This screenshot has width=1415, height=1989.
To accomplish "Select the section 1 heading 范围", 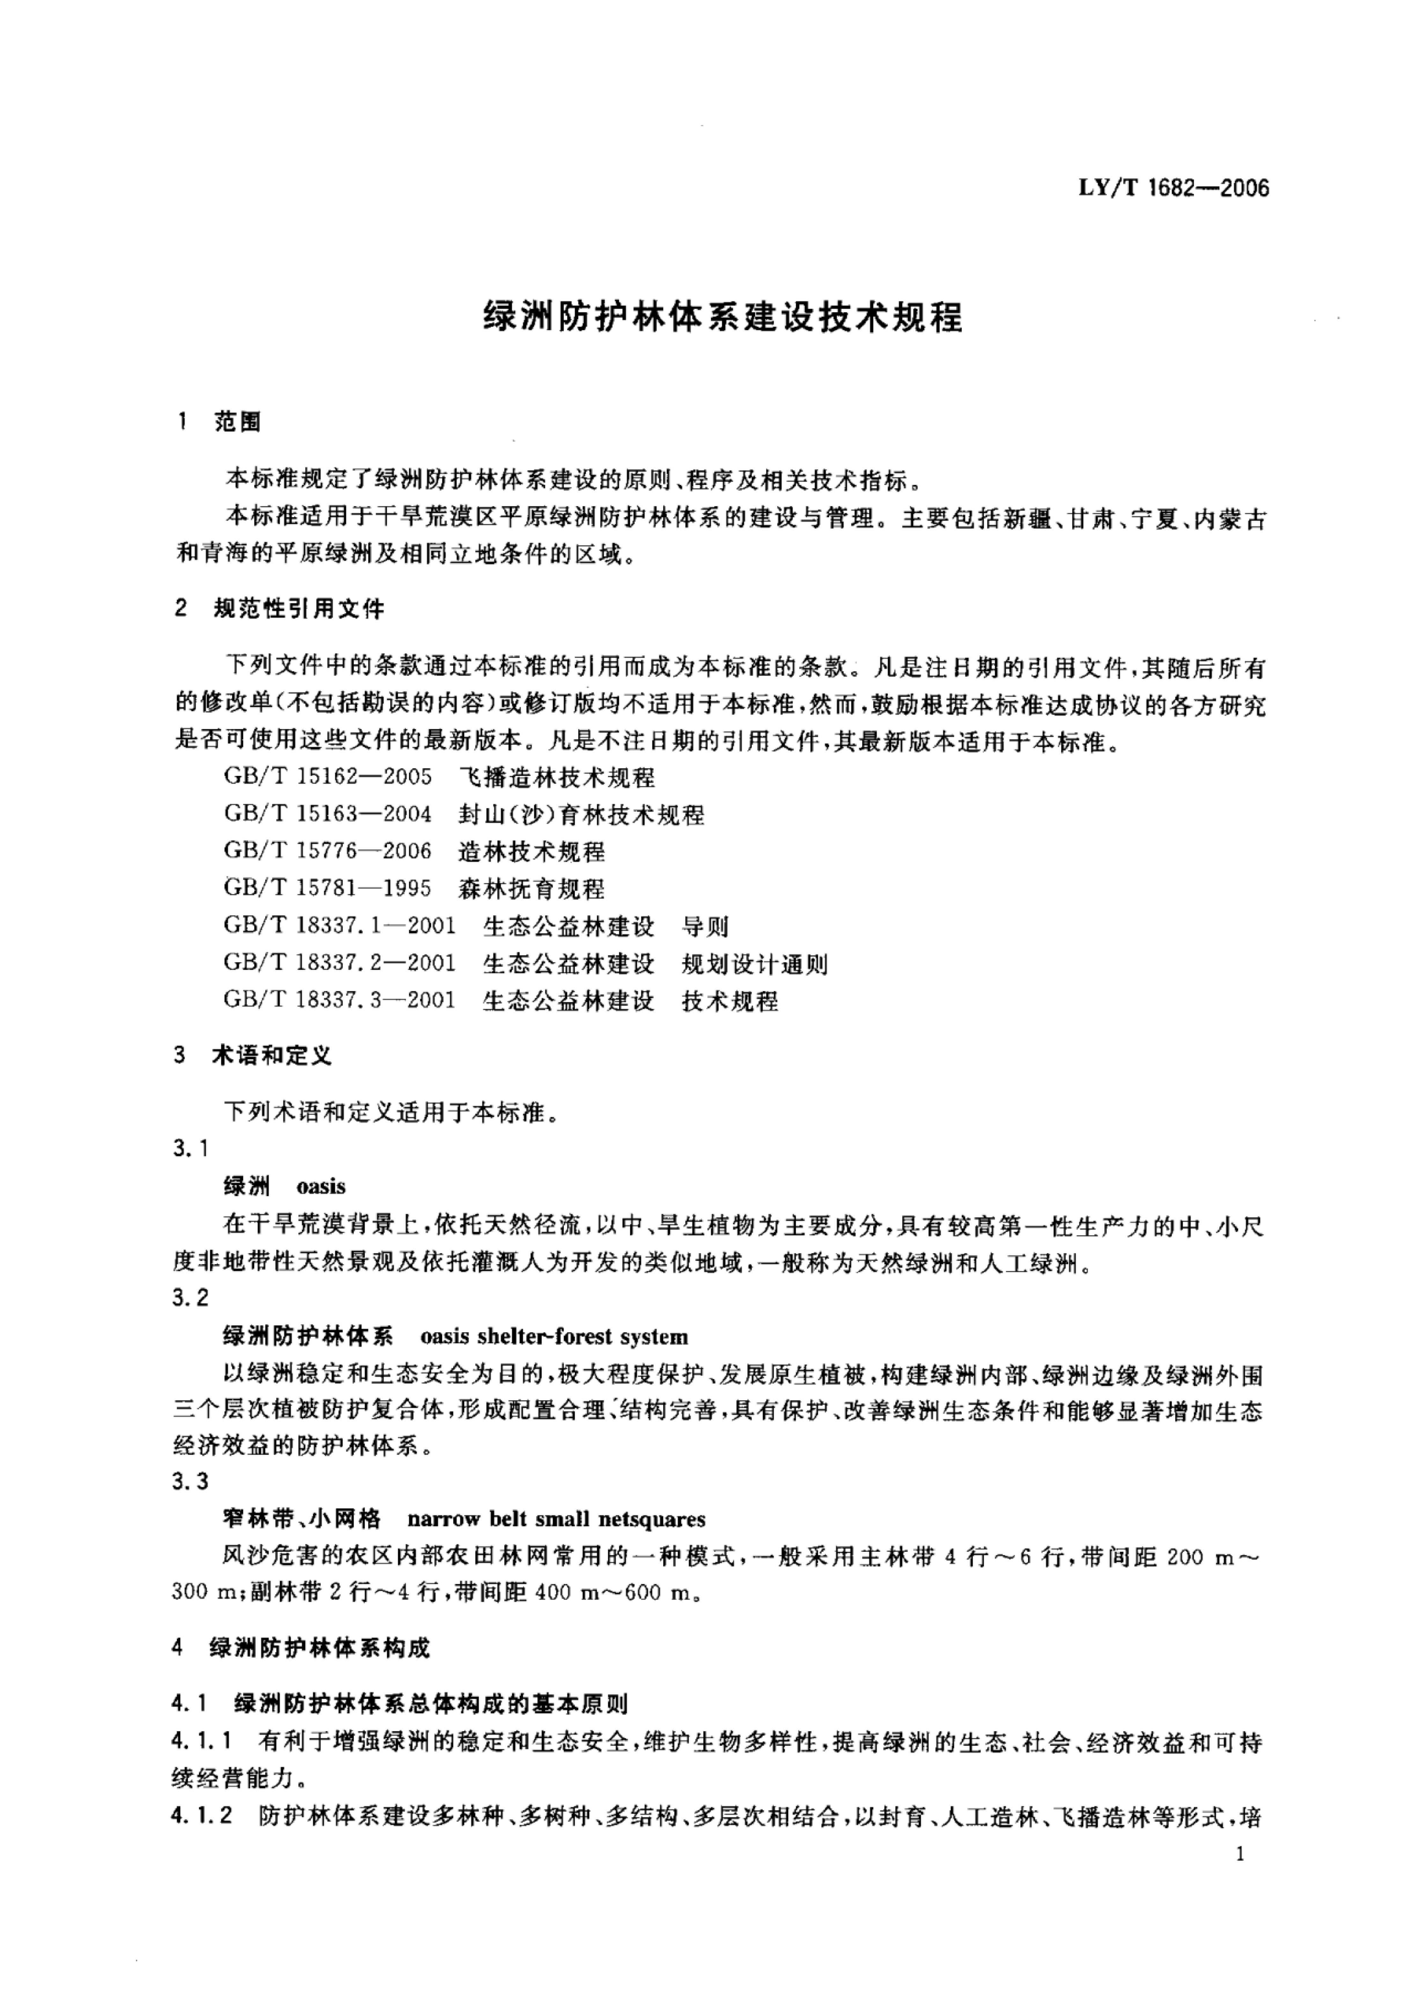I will pyautogui.click(x=237, y=423).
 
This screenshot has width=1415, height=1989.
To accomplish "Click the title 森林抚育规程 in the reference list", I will pyautogui.click(x=532, y=889).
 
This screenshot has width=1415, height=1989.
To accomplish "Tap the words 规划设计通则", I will pyautogui.click(x=755, y=964).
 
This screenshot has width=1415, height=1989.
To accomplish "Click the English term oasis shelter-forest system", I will pyautogui.click(x=554, y=1337).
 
